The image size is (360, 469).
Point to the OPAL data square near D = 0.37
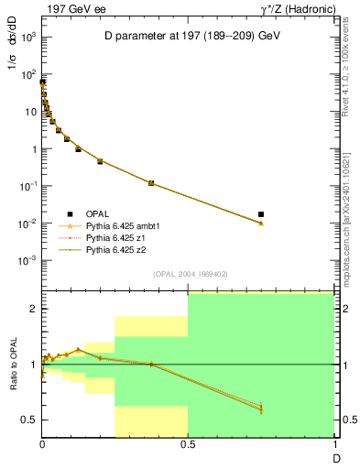tap(151, 183)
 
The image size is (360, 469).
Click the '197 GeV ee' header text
tap(73, 8)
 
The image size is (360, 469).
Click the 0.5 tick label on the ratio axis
tap(30, 420)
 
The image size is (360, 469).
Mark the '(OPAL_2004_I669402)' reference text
tap(189, 273)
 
